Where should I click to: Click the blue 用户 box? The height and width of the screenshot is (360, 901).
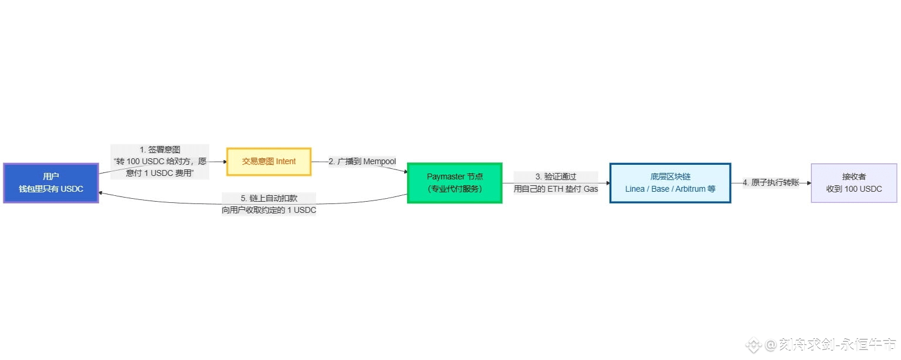pyautogui.click(x=51, y=183)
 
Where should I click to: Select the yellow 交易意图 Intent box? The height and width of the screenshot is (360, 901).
pyautogui.click(x=269, y=161)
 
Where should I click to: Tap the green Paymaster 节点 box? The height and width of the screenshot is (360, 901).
pyautogui.click(x=455, y=182)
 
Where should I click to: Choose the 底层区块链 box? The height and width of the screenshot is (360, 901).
pyautogui.click(x=670, y=183)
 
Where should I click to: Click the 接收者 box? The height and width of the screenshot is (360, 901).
pyautogui.click(x=853, y=183)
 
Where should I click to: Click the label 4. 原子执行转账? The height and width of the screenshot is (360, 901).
pyautogui.click(x=771, y=183)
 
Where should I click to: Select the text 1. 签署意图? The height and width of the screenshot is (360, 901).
pyautogui.click(x=160, y=150)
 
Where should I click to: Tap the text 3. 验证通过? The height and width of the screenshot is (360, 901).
pyautogui.click(x=555, y=176)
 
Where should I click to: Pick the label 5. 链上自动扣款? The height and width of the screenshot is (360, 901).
pyautogui.click(x=269, y=198)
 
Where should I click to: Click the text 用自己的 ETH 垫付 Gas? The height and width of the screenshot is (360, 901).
pyautogui.click(x=555, y=189)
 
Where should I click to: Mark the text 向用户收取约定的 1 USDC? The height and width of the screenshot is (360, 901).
pyautogui.click(x=269, y=210)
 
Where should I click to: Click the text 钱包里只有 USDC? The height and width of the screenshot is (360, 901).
pyautogui.click(x=51, y=189)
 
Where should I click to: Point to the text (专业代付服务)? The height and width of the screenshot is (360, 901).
pyautogui.click(x=455, y=189)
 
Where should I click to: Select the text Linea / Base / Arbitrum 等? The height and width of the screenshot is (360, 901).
pyautogui.click(x=670, y=189)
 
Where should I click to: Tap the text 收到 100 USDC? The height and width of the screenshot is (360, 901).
pyautogui.click(x=853, y=189)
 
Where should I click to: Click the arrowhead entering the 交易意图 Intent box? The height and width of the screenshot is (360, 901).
pyautogui.click(x=224, y=162)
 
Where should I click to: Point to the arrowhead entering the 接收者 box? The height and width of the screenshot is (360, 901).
pyautogui.click(x=808, y=183)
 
